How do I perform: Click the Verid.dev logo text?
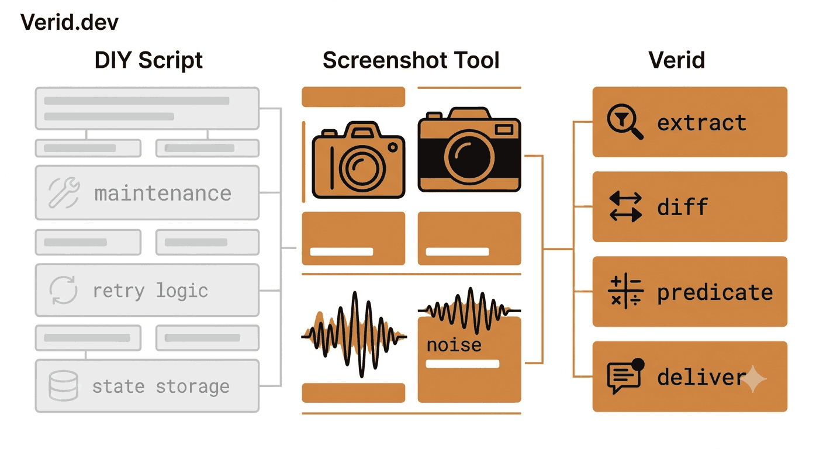tap(70, 22)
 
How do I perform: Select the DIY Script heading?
tap(148, 60)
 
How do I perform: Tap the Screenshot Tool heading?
tap(411, 60)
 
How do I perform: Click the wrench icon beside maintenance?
tap(64, 192)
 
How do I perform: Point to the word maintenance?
tap(162, 194)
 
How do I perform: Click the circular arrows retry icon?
tap(64, 290)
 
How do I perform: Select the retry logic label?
tap(150, 292)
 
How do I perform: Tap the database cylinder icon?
tap(63, 385)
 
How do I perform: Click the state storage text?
tap(161, 386)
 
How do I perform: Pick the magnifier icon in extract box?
tap(625, 122)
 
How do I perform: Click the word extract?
tap(702, 123)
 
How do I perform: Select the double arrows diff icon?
tap(625, 206)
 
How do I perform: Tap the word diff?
tap(682, 206)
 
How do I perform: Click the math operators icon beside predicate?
tap(625, 291)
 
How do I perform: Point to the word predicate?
tap(715, 293)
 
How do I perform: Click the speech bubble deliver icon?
tap(625, 376)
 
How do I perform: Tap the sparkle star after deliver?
tap(753, 379)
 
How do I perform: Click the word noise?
tap(454, 345)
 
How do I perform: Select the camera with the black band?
tap(469, 150)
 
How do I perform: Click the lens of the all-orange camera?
tap(362, 168)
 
